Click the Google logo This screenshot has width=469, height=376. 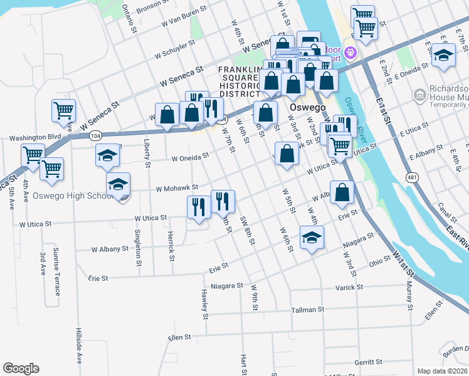21,368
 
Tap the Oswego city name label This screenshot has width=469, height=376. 307,107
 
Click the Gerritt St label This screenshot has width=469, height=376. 367,362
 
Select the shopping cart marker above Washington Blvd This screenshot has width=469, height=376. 64,110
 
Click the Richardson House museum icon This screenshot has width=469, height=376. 419,94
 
